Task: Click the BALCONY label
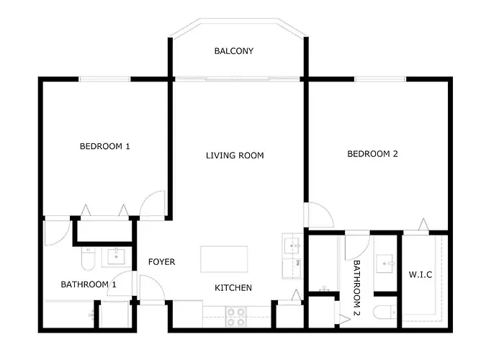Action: [x=234, y=51]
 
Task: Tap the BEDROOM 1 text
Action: [x=105, y=146]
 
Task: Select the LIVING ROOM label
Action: [x=235, y=156]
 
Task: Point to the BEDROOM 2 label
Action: [x=372, y=154]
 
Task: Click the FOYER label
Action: [x=162, y=262]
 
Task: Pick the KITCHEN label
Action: [x=233, y=288]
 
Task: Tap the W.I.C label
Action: [x=420, y=275]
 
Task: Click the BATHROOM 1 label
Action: [x=89, y=284]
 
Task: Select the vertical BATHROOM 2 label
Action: [x=357, y=288]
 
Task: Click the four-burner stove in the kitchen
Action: [x=236, y=317]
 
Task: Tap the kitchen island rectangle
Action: [x=224, y=259]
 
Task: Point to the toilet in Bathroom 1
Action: [x=89, y=259]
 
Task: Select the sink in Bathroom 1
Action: [x=116, y=256]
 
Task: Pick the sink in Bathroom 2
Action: [x=385, y=264]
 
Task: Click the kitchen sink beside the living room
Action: [x=292, y=246]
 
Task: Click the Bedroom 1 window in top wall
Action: [x=105, y=79]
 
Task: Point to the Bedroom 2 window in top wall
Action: [x=380, y=79]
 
